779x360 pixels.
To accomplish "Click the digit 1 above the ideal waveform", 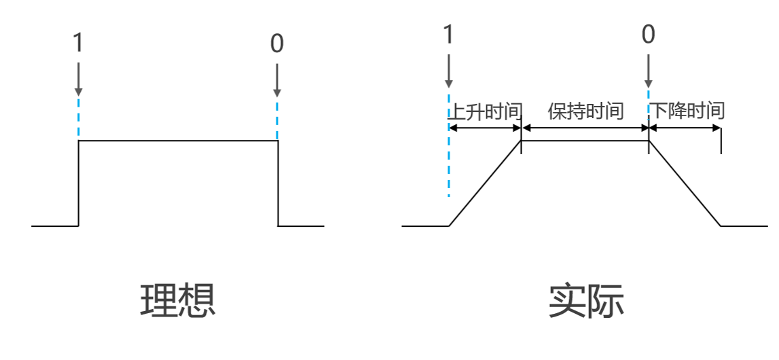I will [78, 43].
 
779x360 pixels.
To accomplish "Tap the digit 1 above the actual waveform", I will [448, 34].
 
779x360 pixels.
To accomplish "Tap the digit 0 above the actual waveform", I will [649, 34].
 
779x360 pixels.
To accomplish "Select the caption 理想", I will [178, 300].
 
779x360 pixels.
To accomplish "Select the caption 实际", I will [586, 300].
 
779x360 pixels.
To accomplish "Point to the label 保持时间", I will [585, 111].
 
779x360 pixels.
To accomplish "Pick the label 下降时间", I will [688, 111].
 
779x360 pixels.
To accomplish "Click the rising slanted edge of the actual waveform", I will [485, 183].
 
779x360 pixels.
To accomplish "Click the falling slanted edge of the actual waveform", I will [685, 183].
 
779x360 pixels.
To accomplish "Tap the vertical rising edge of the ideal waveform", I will [79, 183].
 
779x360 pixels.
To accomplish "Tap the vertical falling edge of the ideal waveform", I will [278, 183].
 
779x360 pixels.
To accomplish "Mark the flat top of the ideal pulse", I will [178, 141].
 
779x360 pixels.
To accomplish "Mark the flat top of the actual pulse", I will [585, 141].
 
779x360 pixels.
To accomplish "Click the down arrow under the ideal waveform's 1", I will [79, 79].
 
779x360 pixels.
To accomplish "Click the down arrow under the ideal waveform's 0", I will [276, 79].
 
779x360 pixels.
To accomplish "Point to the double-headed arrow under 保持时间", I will [585, 128].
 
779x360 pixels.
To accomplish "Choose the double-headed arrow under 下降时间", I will [685, 128].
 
